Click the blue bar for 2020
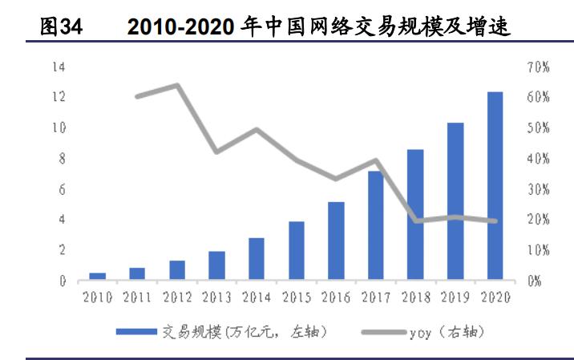(x=495, y=186)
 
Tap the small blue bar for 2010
(x=97, y=277)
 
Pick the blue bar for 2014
(x=257, y=259)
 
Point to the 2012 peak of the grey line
(x=176, y=85)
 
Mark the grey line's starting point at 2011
(x=137, y=96)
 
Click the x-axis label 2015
(x=297, y=297)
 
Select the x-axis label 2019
(x=456, y=297)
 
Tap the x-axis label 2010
(x=97, y=297)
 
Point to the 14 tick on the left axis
(x=58, y=67)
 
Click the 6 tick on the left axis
(x=60, y=189)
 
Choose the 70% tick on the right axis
(x=538, y=67)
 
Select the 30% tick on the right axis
(x=538, y=189)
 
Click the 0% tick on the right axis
(x=536, y=281)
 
